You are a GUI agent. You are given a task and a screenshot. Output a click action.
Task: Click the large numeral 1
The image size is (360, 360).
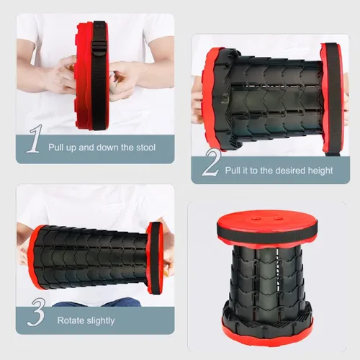tap(35, 138)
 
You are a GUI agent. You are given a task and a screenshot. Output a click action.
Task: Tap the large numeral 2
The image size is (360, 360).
tap(212, 163)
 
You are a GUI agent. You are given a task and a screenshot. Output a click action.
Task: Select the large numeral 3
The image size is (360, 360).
tap(37, 312)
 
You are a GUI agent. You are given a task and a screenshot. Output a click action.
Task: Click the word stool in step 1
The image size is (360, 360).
tap(146, 148)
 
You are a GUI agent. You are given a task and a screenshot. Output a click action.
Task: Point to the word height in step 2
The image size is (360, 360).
tap(320, 171)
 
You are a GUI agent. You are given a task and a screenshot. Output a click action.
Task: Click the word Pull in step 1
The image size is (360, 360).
tap(56, 147)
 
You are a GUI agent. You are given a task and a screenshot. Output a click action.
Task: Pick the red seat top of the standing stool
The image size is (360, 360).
tap(267, 220)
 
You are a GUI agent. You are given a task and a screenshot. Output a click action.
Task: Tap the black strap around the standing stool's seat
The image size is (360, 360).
tap(268, 231)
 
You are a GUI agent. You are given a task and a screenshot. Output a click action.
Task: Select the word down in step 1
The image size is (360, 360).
tap(108, 147)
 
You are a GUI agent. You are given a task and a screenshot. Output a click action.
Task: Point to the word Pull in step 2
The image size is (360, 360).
tap(233, 171)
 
